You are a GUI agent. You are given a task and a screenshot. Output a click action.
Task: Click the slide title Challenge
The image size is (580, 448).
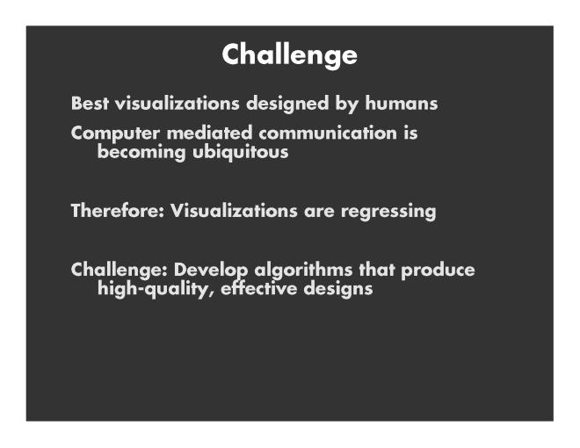290,55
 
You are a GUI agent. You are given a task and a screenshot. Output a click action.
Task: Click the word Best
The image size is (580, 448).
90,103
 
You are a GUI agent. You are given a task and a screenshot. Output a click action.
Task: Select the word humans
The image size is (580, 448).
402,103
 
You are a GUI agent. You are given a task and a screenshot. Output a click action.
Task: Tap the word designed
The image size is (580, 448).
287,104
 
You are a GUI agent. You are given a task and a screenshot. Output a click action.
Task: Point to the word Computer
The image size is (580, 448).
115,134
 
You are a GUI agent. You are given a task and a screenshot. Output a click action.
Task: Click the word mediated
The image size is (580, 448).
209,133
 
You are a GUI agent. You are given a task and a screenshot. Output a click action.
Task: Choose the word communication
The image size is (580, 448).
328,133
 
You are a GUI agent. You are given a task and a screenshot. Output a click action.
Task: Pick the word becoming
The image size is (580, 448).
141,153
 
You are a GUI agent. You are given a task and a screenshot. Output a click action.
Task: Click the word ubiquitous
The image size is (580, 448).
241,153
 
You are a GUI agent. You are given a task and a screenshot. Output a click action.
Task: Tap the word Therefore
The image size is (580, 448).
114,211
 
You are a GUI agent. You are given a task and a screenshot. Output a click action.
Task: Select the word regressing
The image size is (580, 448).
388,212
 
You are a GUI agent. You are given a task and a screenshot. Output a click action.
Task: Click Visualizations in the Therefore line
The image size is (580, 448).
234,211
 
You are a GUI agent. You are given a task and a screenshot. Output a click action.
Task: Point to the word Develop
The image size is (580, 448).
211,271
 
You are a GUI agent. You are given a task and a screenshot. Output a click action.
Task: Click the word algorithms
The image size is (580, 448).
303,271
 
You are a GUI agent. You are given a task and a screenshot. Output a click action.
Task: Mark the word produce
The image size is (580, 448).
438,271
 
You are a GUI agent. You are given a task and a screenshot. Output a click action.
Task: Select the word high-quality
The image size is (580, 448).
153,289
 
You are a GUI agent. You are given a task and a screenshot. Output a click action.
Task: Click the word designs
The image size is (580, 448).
338,289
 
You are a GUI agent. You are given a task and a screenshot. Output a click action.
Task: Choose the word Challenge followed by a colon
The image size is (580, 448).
119,271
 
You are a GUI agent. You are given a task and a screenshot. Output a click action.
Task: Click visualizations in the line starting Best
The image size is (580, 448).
178,103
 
